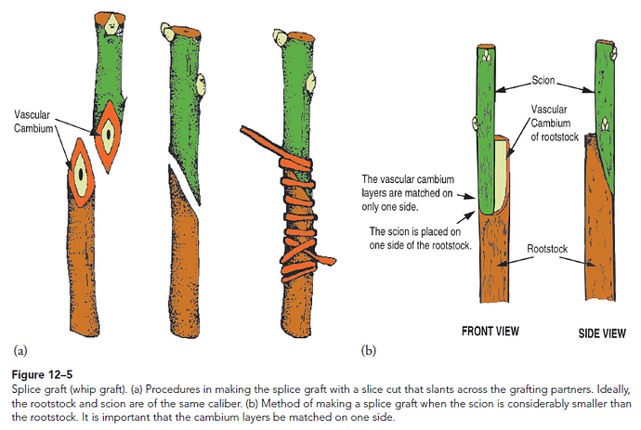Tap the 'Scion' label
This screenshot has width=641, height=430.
(x=544, y=81)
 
